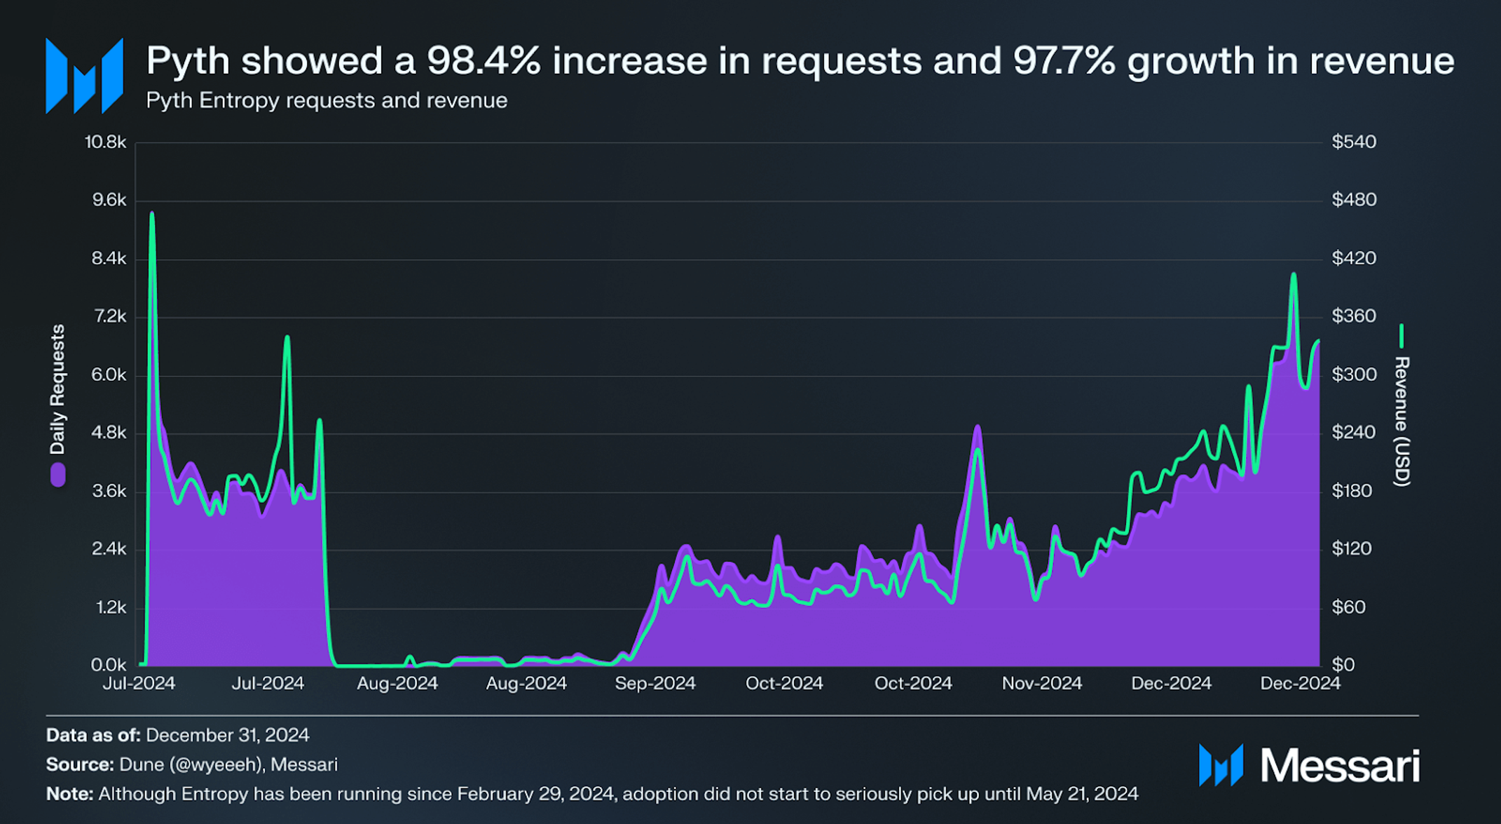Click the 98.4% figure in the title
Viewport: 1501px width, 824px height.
[484, 61]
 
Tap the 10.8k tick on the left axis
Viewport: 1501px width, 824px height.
[105, 142]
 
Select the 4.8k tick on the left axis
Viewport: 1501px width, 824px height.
[109, 433]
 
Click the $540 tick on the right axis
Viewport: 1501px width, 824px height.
[1354, 142]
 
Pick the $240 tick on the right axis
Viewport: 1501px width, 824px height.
[1354, 433]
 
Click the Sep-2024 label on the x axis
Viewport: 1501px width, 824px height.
[654, 683]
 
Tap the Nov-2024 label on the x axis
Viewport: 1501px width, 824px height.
[1041, 683]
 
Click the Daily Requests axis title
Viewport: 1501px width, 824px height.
[57, 389]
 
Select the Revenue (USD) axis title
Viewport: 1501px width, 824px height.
[1401, 421]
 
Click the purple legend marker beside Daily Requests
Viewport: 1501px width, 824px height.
[57, 475]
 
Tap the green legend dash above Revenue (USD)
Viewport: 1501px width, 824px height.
[1401, 336]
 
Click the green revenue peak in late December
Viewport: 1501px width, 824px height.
[1294, 276]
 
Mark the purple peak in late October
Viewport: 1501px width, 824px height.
[978, 427]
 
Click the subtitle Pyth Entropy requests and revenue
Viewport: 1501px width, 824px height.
[327, 100]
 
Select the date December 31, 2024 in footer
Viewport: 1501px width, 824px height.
[227, 735]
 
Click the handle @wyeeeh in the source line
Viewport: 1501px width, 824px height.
[215, 764]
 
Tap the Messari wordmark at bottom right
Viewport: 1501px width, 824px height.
[1340, 765]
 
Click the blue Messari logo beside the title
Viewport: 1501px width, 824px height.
[84, 76]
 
